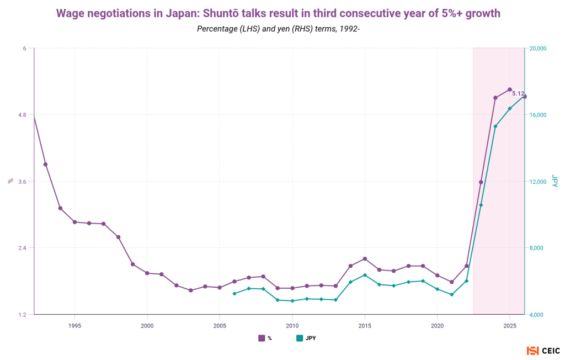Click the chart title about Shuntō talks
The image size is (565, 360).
(x=278, y=13)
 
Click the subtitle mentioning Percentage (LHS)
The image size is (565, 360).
(x=278, y=28)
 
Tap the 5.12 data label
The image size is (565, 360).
(x=518, y=94)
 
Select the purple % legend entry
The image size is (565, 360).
(x=265, y=338)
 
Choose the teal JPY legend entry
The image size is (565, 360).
(x=306, y=338)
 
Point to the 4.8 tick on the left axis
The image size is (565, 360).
(x=22, y=115)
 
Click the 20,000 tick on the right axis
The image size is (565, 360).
(x=537, y=49)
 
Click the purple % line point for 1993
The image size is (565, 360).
(x=45, y=165)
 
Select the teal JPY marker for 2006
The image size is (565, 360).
(x=234, y=294)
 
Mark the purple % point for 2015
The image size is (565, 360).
(x=365, y=259)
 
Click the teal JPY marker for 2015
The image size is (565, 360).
(x=365, y=275)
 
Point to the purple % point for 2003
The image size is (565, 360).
(x=190, y=290)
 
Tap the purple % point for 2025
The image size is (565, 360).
(x=510, y=89)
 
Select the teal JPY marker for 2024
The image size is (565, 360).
(x=495, y=126)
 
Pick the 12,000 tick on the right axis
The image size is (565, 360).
(x=537, y=182)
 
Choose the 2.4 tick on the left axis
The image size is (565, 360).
(x=22, y=248)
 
